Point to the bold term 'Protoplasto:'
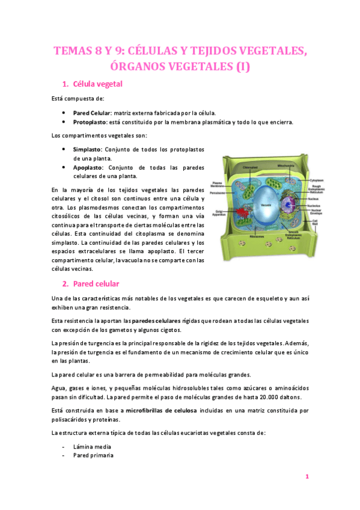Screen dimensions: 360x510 pos(91,122)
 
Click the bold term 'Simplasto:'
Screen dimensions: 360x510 pos(88,149)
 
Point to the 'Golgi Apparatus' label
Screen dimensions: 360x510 pos(219,212)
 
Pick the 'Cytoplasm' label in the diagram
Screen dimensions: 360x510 pos(317,180)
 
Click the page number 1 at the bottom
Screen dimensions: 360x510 pos(307,476)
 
